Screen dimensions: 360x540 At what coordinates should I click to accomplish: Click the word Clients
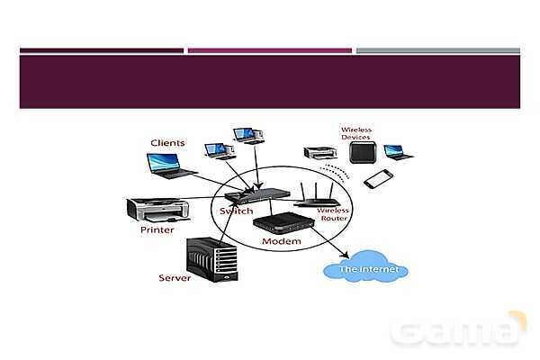pyautogui.click(x=167, y=143)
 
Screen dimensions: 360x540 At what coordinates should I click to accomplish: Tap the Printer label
pyautogui.click(x=157, y=230)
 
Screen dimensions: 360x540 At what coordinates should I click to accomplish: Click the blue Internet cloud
pyautogui.click(x=365, y=268)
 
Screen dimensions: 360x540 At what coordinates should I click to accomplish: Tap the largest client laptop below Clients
pyautogui.click(x=169, y=165)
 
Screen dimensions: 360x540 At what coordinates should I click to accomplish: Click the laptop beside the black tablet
pyautogui.click(x=396, y=151)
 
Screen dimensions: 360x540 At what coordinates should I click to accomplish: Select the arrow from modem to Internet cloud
pyautogui.click(x=330, y=246)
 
